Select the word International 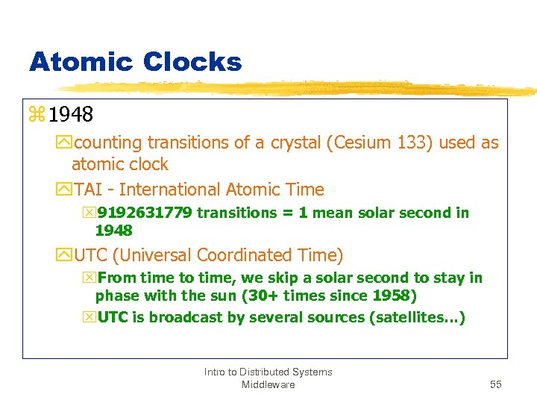tap(171, 190)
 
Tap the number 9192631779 tap(145, 213)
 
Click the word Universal tap(163, 255)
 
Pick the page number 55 tap(496, 384)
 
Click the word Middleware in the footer tap(268, 384)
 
